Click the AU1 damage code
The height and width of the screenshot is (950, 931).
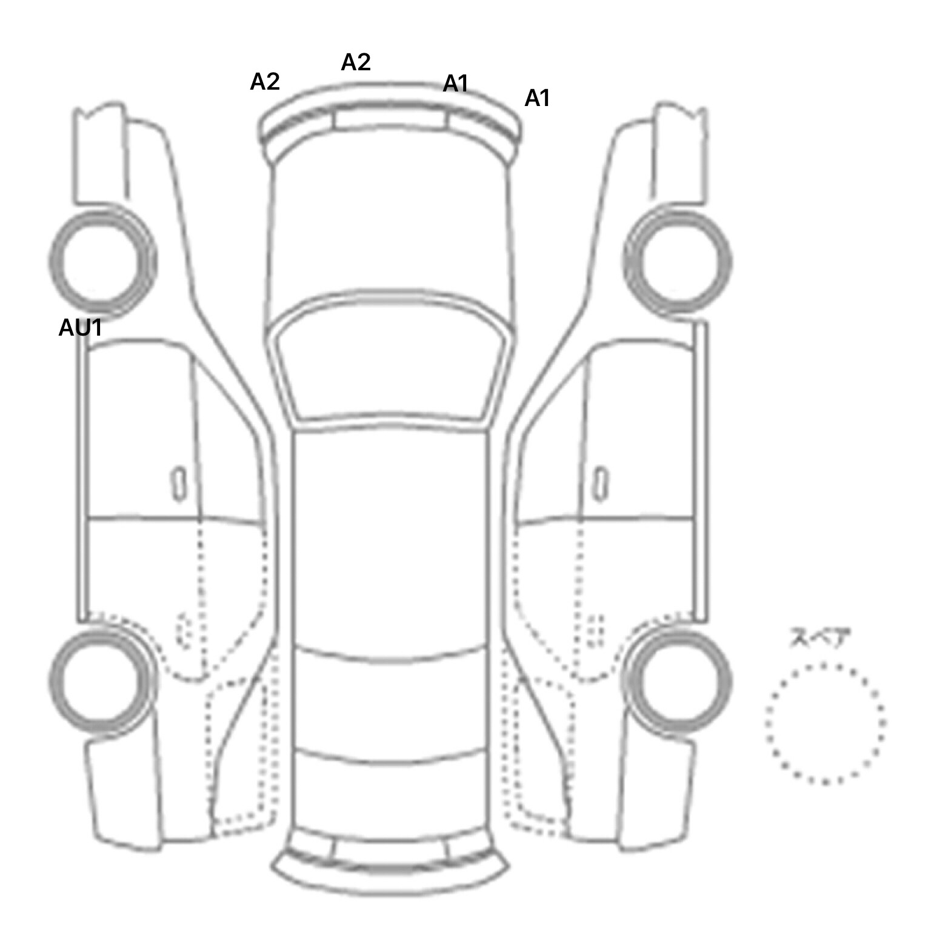coord(80,328)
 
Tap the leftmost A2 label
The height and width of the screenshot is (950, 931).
coord(265,81)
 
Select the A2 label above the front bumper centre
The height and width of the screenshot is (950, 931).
coord(356,62)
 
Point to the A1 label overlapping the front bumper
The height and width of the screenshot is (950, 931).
coord(456,84)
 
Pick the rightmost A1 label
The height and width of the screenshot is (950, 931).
coord(537,98)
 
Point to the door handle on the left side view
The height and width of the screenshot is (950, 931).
coord(178,483)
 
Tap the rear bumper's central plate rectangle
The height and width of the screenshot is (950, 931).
coord(390,849)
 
